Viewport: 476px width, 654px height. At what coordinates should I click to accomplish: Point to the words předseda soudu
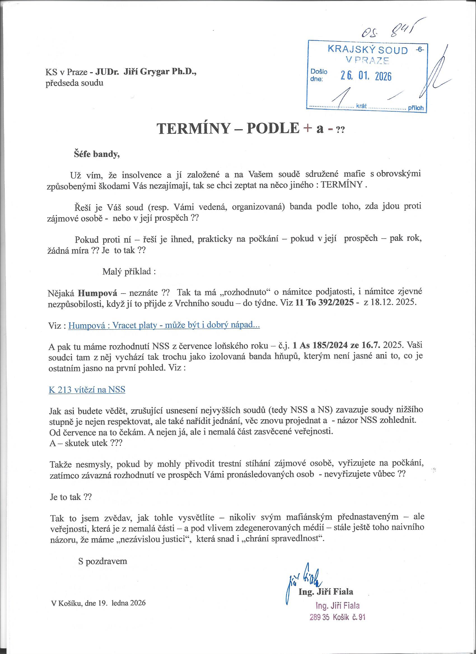[74, 83]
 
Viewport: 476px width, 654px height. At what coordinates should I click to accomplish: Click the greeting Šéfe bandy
[96, 154]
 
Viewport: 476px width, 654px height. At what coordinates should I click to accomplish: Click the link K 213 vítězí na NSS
[87, 390]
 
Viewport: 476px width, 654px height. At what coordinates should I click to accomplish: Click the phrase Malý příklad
[129, 272]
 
